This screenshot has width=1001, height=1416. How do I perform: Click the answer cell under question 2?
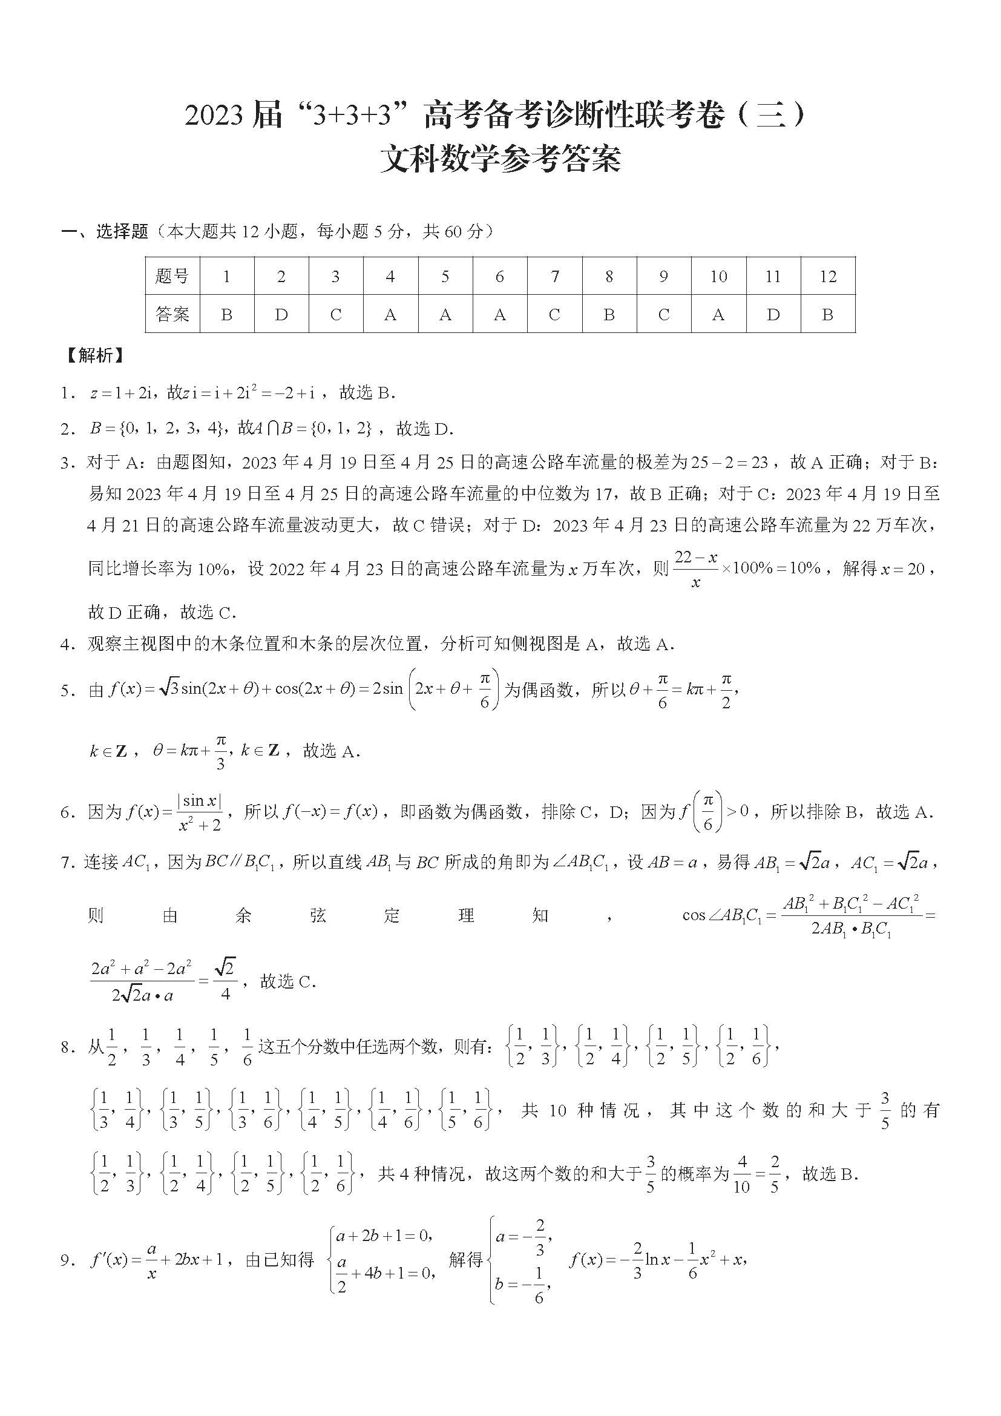281,315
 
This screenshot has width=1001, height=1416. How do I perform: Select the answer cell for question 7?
554,315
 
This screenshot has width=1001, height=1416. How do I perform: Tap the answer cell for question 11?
773,315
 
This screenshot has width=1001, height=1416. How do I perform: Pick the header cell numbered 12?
828,276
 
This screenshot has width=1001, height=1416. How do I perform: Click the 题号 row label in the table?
172,276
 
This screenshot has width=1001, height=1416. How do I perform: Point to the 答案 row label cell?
172,315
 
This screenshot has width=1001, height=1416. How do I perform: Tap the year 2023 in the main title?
213,117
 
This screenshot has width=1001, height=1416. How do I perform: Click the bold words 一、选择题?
105,232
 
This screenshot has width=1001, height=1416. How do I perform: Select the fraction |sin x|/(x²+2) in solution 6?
199,812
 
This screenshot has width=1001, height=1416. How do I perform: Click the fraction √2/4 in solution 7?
225,981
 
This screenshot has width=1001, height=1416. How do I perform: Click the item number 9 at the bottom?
67,1260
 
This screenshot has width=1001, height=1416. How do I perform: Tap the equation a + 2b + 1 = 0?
382,1236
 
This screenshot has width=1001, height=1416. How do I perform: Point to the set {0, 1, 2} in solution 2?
343,429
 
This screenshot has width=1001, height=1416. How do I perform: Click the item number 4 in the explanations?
67,645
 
